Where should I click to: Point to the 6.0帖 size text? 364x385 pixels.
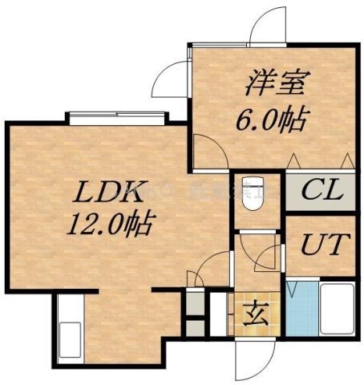click(x=269, y=120)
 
